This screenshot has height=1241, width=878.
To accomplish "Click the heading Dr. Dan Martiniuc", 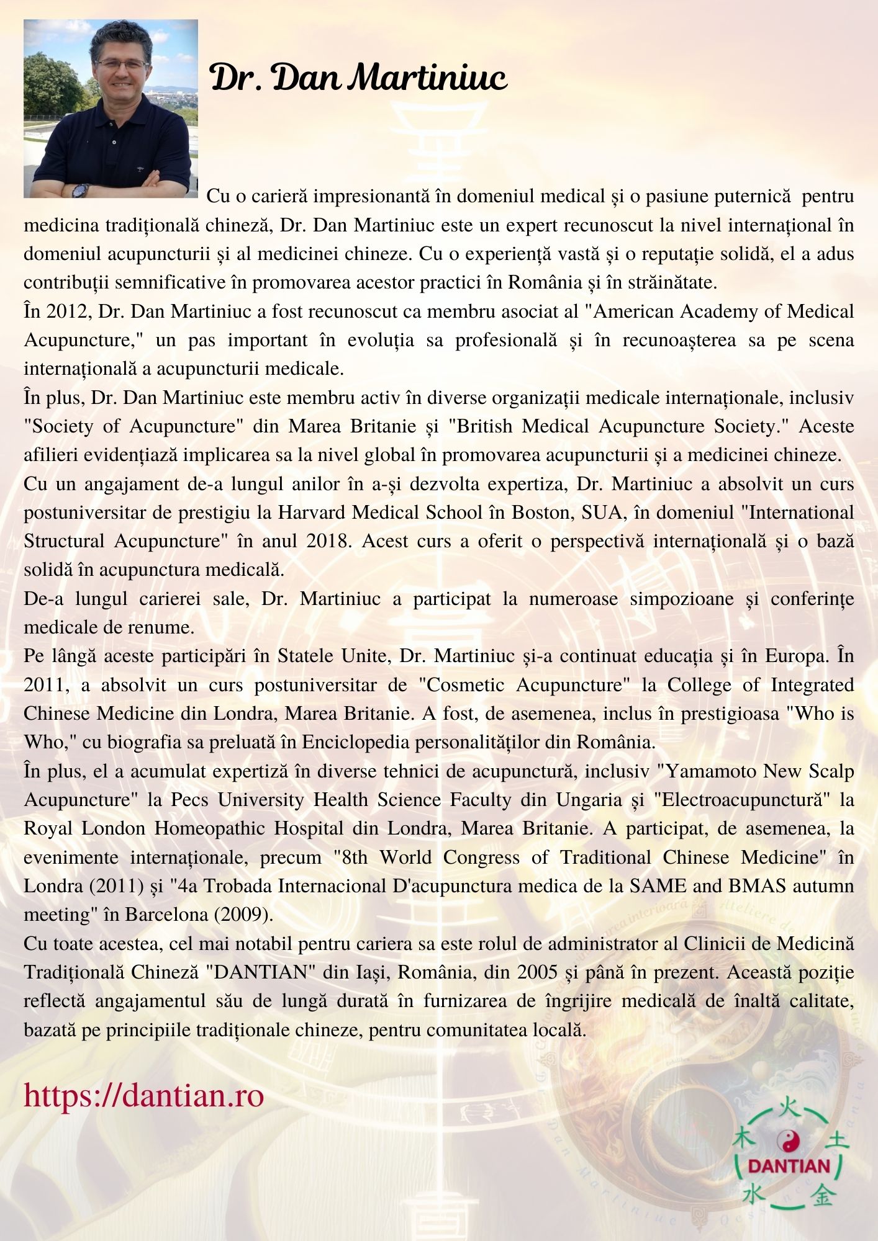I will point(359,79).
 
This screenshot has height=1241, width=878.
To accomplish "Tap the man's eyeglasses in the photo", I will point(122,64).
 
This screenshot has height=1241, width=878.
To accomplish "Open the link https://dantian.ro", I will point(144,1095).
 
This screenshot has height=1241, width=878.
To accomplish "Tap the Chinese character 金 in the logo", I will point(823,1194).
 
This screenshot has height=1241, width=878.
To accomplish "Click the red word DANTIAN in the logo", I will point(789,1166).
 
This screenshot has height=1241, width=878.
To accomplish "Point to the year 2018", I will point(326,541).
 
